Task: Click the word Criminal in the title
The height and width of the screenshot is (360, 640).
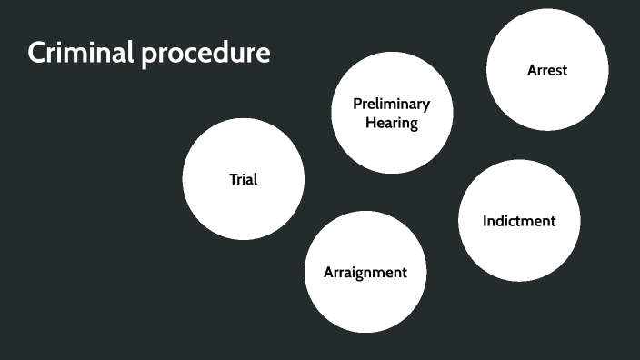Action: click(x=80, y=54)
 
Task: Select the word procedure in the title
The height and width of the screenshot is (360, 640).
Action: click(x=205, y=55)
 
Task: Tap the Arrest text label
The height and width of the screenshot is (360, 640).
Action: click(x=547, y=70)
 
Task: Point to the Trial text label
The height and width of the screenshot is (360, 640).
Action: click(x=243, y=179)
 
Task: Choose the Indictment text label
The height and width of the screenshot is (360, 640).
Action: click(x=519, y=221)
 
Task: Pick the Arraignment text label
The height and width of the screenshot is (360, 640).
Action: click(x=365, y=272)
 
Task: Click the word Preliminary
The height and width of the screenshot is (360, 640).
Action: click(x=392, y=105)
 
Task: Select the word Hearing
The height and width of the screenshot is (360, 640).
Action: click(x=392, y=123)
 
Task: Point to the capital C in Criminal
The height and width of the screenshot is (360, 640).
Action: click(x=37, y=54)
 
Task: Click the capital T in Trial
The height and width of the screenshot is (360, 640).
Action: click(x=232, y=179)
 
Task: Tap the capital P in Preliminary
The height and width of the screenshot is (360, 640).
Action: click(x=357, y=105)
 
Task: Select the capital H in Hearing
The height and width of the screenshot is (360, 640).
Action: click(x=371, y=123)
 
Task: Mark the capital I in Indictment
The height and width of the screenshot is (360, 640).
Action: click(x=485, y=221)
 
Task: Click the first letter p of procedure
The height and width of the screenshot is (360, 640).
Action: click(x=148, y=56)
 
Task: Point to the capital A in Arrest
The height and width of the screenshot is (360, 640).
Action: click(x=532, y=70)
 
